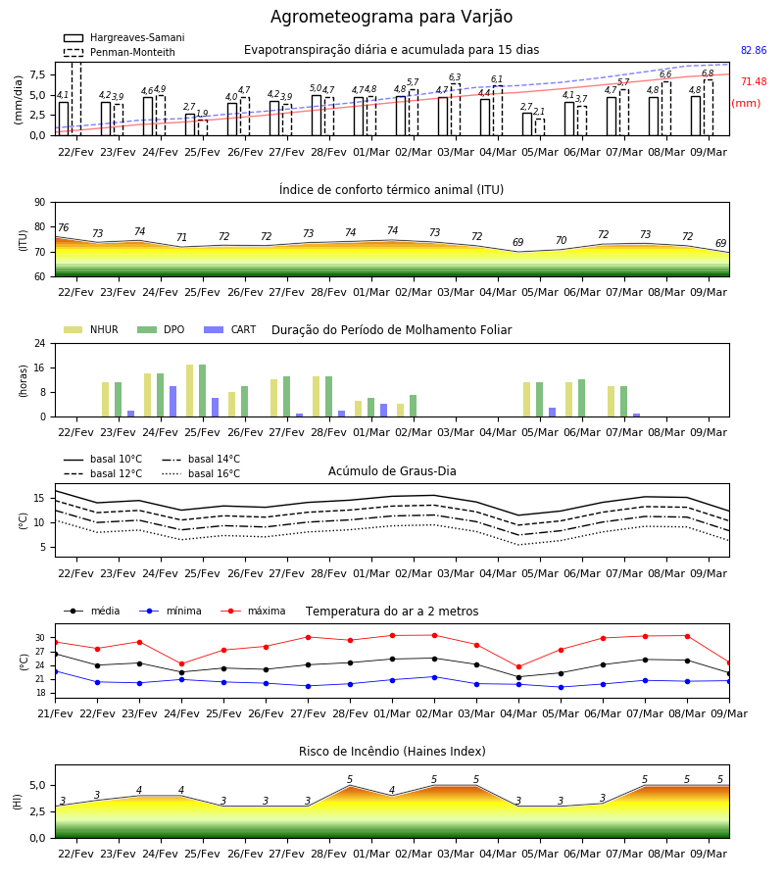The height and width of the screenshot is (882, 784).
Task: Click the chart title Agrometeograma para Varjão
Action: tap(391, 17)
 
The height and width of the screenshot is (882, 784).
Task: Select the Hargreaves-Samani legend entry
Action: tap(124, 37)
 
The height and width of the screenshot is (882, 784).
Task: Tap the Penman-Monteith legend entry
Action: tap(120, 52)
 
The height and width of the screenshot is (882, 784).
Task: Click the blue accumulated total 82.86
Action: tap(754, 50)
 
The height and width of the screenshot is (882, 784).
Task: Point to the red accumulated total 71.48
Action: tap(754, 81)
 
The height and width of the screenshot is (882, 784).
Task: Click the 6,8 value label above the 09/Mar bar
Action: tap(708, 73)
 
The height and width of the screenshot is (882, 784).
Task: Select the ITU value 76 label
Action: tap(63, 227)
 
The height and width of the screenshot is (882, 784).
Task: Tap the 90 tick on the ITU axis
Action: tap(40, 203)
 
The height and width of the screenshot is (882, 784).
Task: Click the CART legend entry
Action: tap(230, 329)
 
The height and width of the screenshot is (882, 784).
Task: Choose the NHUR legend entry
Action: tap(91, 329)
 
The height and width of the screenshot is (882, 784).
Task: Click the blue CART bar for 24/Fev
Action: tap(173, 402)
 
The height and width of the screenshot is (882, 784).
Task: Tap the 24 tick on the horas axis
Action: tap(40, 343)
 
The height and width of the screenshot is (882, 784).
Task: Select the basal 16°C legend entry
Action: tap(201, 473)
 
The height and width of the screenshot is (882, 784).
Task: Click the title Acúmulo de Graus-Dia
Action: tap(392, 470)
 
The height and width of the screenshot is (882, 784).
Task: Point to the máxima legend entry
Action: tap(254, 611)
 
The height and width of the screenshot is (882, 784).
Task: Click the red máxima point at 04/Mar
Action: tap(518, 667)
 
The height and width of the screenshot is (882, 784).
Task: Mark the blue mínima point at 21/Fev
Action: tap(56, 671)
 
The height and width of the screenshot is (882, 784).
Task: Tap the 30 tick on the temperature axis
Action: tap(40, 638)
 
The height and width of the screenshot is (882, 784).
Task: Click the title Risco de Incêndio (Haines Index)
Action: tap(392, 752)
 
